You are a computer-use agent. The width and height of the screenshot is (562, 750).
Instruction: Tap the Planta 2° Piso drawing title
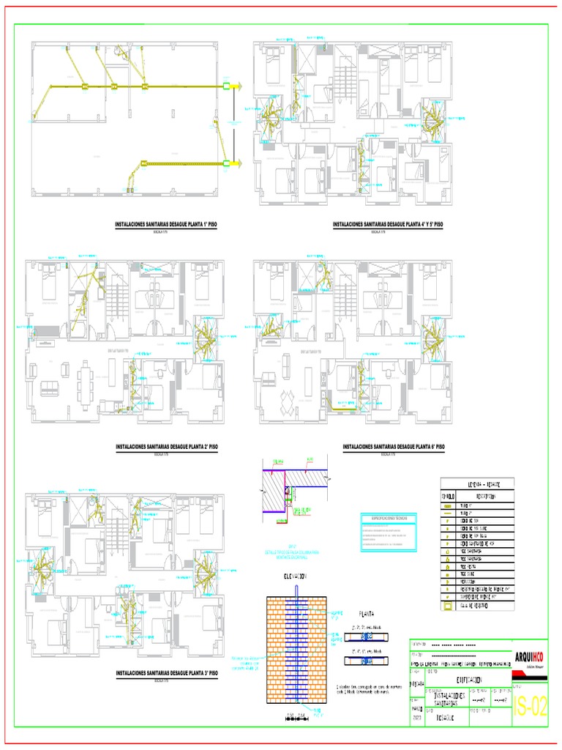167,446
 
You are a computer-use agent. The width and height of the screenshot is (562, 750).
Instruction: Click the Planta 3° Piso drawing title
167,672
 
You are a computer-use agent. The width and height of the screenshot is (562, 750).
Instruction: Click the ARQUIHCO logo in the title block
529,657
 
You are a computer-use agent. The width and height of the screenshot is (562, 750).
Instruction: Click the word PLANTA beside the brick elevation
366,615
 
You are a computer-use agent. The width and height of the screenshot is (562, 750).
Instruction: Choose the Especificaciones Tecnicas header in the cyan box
389,518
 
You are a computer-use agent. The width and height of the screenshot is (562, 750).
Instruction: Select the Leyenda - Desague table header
476,484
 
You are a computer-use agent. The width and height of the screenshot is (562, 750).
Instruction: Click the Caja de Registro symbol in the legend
447,606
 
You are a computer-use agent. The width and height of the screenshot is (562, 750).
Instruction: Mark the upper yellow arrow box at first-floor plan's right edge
237,86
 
